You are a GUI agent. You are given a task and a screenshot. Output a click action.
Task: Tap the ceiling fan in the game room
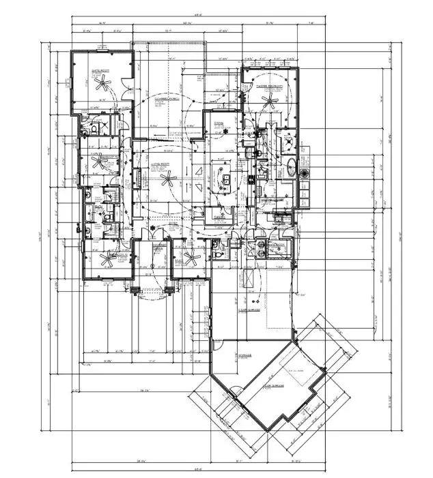tap(102, 84)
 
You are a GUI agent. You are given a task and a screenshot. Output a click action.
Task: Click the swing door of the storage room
tap(235, 391)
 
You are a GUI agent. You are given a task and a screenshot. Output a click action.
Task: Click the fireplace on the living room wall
tap(137, 179)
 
